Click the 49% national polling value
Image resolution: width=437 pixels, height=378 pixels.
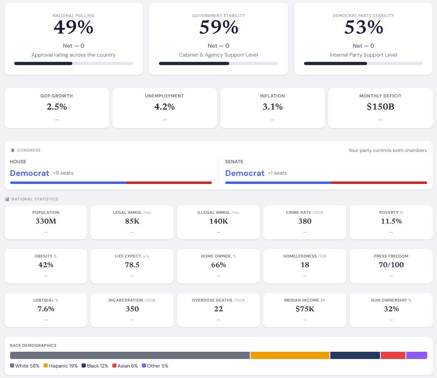tap(73, 27)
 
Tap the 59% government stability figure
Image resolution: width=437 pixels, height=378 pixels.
tap(218, 27)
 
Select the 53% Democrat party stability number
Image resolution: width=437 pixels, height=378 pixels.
tap(363, 27)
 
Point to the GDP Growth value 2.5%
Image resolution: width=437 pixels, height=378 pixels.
tap(57, 107)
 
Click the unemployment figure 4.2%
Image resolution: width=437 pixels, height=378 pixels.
tap(164, 107)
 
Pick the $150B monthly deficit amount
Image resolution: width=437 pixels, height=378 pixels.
tap(380, 107)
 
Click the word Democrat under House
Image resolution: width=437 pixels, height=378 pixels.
tap(30, 173)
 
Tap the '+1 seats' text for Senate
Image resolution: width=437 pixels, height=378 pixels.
tap(277, 173)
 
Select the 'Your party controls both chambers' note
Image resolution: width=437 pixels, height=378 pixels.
tap(387, 150)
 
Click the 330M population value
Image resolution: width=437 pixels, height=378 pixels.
tap(46, 221)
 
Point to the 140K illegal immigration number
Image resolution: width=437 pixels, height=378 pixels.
tap(218, 221)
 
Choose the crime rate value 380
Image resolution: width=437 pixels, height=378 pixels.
tap(305, 221)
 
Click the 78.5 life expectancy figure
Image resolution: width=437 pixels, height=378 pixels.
tap(132, 265)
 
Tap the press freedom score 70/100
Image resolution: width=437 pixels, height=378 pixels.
tap(391, 265)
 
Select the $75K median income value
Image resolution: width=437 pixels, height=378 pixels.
tap(305, 309)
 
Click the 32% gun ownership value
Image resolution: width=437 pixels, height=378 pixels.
tap(391, 309)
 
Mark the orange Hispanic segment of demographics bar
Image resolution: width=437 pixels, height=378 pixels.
tap(290, 355)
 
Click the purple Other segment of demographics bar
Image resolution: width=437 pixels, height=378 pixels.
tap(416, 355)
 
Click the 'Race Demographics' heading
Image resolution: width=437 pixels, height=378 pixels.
tap(33, 346)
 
